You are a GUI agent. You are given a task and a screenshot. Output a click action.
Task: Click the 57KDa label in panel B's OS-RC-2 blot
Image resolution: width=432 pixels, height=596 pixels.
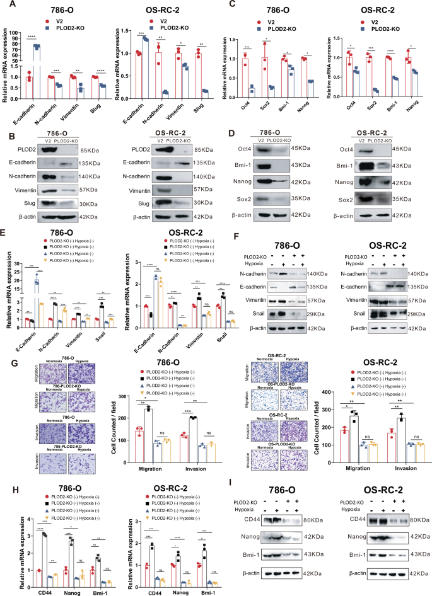(x=203, y=189)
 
